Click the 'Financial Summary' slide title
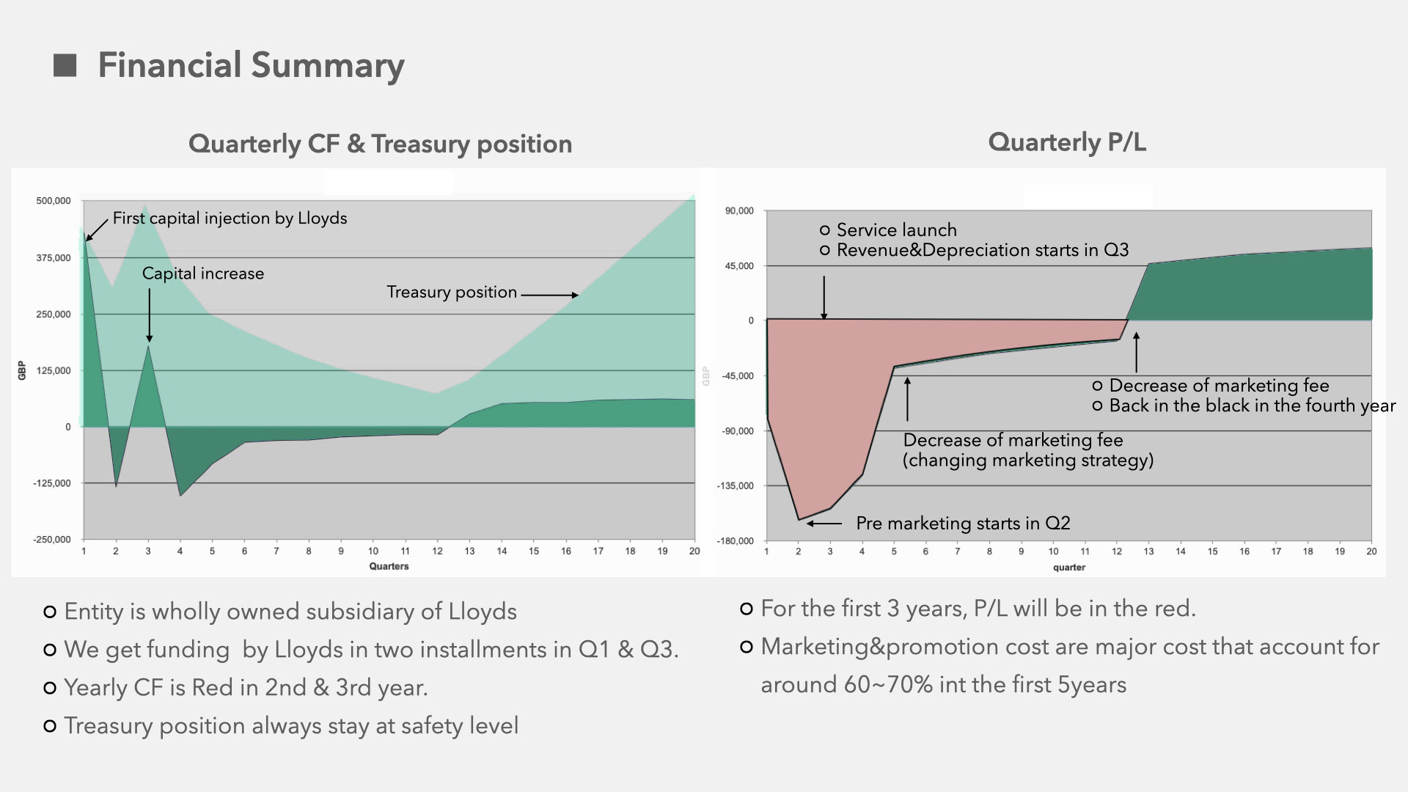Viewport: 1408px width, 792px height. (251, 65)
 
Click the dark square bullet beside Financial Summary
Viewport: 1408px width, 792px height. (65, 65)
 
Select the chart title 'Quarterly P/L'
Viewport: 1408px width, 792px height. (1067, 142)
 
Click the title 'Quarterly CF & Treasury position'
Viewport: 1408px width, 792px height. (380, 144)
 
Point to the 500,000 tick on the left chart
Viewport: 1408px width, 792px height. (54, 201)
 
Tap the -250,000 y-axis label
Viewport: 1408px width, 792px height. (52, 540)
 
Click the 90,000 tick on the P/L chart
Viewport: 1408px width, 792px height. (739, 211)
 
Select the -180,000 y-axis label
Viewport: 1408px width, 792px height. (736, 541)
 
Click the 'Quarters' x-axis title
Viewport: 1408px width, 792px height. (389, 566)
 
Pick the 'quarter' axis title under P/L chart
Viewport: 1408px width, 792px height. (1069, 568)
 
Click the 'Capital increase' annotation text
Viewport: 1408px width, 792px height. (203, 274)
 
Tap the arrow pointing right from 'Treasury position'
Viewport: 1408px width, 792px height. (550, 295)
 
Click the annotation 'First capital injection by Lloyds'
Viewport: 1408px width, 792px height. (230, 219)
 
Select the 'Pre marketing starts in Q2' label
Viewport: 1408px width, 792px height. (963, 523)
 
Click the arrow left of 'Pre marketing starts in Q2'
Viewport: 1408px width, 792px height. (824, 524)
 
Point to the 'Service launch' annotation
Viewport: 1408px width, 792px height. (897, 230)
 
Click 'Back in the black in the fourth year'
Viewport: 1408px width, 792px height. (1253, 406)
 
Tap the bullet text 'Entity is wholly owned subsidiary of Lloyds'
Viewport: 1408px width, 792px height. (290, 612)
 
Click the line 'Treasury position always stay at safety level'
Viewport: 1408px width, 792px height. (291, 726)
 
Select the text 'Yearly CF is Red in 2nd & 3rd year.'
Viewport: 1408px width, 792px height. (246, 688)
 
